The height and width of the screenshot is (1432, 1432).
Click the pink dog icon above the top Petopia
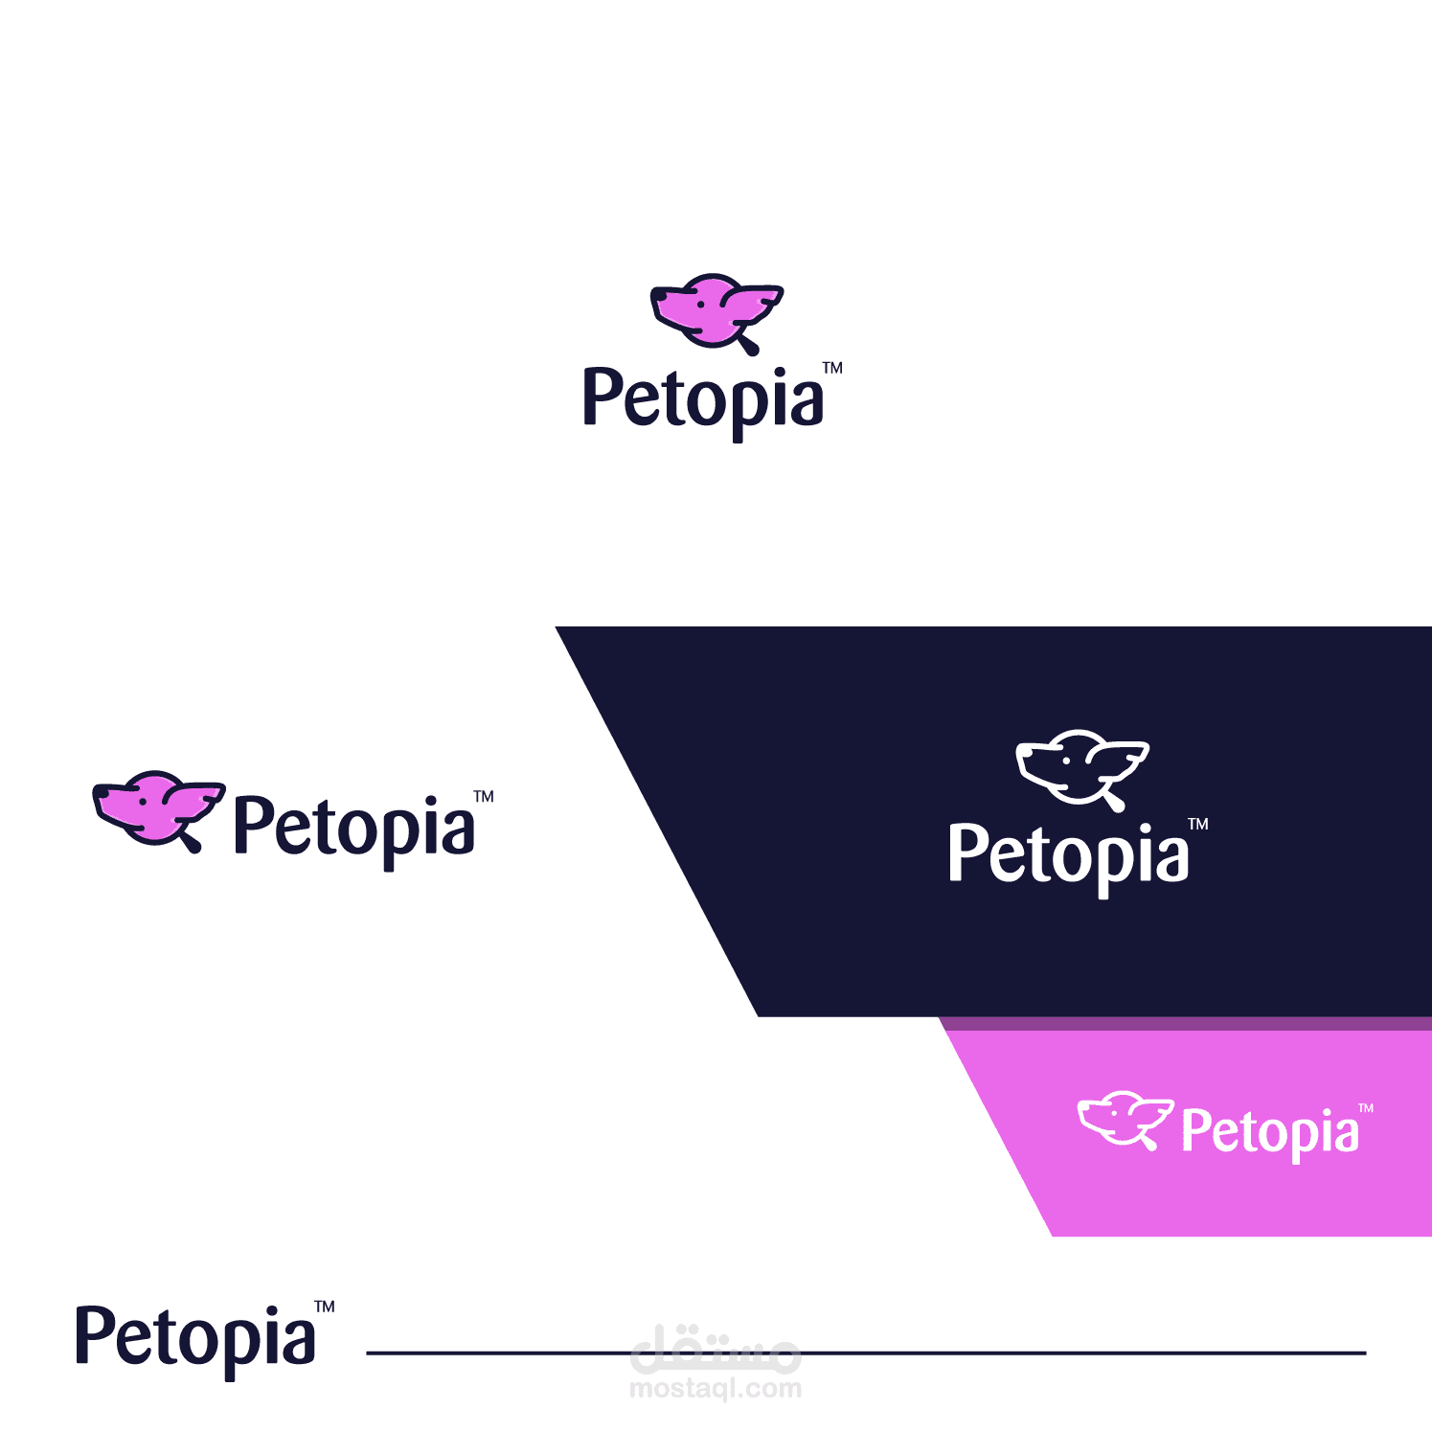pyautogui.click(x=716, y=313)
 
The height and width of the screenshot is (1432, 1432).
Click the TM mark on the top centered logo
pyautogui.click(x=832, y=368)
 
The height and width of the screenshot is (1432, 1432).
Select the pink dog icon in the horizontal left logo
pyautogui.click(x=159, y=810)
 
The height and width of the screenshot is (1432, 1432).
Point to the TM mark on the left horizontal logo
pyautogui.click(x=484, y=796)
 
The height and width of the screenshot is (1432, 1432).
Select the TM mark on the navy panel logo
pyautogui.click(x=1198, y=824)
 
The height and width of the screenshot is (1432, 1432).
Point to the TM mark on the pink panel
pyautogui.click(x=1366, y=1108)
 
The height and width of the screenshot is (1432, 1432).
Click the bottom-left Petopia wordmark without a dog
pyautogui.click(x=196, y=1341)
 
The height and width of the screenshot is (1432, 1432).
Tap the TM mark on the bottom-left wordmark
pyautogui.click(x=325, y=1307)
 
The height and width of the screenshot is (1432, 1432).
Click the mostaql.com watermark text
pyautogui.click(x=716, y=1388)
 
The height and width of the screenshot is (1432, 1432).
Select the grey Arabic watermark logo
pyautogui.click(x=716, y=1348)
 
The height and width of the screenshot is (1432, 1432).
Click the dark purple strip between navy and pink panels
pyautogui.click(x=1186, y=1024)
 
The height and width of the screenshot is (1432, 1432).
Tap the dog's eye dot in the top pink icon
pyautogui.click(x=701, y=304)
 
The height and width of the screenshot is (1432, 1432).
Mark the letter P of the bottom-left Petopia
pyautogui.click(x=96, y=1335)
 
